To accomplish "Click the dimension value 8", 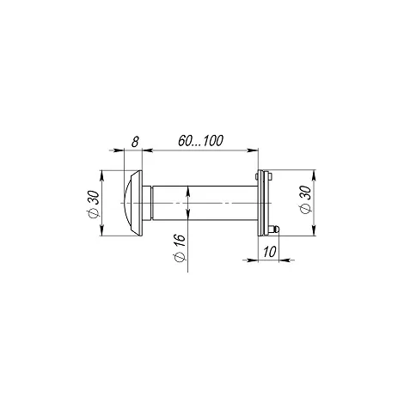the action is (x=135, y=142).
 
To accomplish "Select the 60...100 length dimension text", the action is (x=200, y=141).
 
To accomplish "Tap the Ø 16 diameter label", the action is (x=180, y=248).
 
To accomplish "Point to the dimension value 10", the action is (x=269, y=252).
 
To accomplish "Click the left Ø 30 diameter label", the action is (x=94, y=205).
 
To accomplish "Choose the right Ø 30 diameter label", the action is (x=306, y=199).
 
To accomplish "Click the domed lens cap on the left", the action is (x=133, y=203).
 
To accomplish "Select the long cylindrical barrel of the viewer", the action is (x=205, y=203).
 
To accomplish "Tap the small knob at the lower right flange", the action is (x=274, y=230).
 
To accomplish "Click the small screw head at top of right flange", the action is (x=270, y=176).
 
